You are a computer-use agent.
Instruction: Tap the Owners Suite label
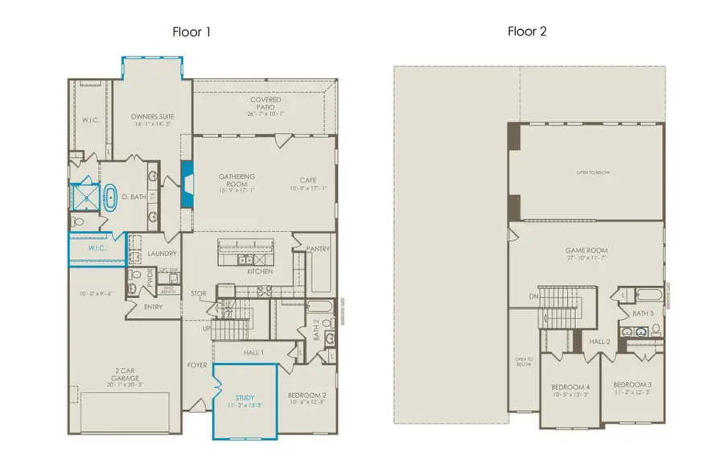(152, 117)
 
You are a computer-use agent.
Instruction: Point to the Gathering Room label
(237, 180)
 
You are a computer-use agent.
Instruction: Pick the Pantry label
(318, 249)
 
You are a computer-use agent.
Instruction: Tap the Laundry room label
(162, 254)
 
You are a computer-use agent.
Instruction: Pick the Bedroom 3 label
(631, 384)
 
